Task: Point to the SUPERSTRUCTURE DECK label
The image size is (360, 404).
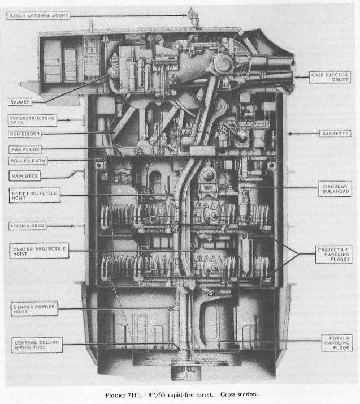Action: click(32, 121)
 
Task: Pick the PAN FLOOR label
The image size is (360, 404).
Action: click(24, 149)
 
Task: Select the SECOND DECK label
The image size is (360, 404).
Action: click(28, 226)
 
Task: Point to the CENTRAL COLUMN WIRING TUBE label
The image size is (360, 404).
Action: click(36, 344)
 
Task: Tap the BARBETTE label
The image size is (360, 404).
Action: click(335, 134)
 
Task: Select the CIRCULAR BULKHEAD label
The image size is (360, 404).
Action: click(335, 188)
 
